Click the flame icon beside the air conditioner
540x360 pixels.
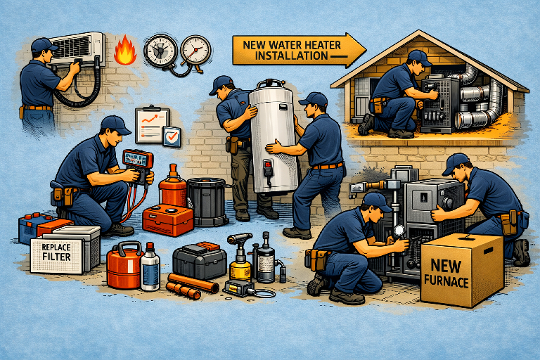pos(125,51)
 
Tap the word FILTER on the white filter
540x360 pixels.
pos(56,257)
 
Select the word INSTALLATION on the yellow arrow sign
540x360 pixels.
pos(291,56)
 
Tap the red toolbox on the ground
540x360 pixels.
pos(168,219)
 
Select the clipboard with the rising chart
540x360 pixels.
pos(152,124)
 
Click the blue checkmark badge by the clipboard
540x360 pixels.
pos(172,136)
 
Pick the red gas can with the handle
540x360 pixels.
pos(123,264)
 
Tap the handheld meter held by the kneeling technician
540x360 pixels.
pos(139,165)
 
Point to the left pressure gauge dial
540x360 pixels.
pos(160,51)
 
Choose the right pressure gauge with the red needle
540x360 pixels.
pos(195,51)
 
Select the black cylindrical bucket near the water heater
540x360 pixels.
pos(207,202)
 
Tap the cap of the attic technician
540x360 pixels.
pos(420,58)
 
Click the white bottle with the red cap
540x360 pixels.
pos(150,267)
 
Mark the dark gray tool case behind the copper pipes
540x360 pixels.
pos(200,260)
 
